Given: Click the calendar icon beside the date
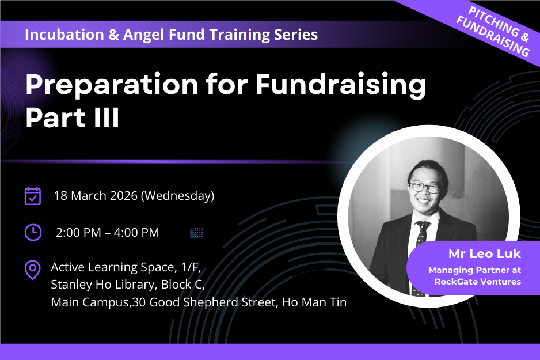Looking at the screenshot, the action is click(x=33, y=196).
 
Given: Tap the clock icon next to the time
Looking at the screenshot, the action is click(x=33, y=232).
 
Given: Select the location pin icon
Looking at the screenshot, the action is click(x=33, y=270).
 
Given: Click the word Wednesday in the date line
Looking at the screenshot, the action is click(x=178, y=196).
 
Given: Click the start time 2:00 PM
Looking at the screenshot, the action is click(x=78, y=233).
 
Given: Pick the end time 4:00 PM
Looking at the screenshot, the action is click(x=136, y=233).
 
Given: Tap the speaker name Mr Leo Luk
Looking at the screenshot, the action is click(x=485, y=254).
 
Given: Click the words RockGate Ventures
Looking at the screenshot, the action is click(x=478, y=282).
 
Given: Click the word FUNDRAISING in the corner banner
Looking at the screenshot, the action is click(x=493, y=36).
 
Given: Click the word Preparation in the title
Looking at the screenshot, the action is click(x=112, y=85).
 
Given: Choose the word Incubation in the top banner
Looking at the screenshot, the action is click(x=64, y=35).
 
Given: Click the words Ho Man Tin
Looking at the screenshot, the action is click(x=314, y=302).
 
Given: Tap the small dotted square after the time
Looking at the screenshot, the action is click(x=197, y=233).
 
